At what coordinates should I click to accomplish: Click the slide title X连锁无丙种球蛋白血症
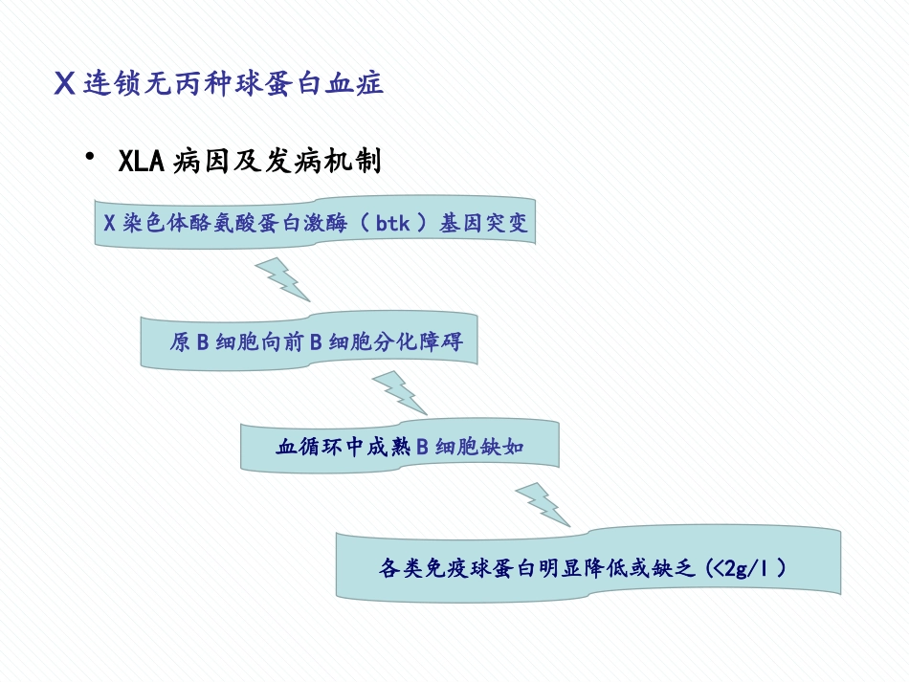pyautogui.click(x=219, y=83)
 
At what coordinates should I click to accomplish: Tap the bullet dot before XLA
pyautogui.click(x=91, y=156)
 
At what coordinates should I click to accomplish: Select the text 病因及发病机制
pyautogui.click(x=277, y=161)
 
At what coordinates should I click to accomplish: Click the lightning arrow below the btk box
pyautogui.click(x=282, y=278)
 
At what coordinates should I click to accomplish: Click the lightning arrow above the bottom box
pyautogui.click(x=543, y=503)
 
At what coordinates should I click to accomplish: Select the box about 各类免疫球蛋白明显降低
pyautogui.click(x=588, y=567)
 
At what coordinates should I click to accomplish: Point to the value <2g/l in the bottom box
pyautogui.click(x=745, y=568)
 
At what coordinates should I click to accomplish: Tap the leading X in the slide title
pyautogui.click(x=65, y=84)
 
